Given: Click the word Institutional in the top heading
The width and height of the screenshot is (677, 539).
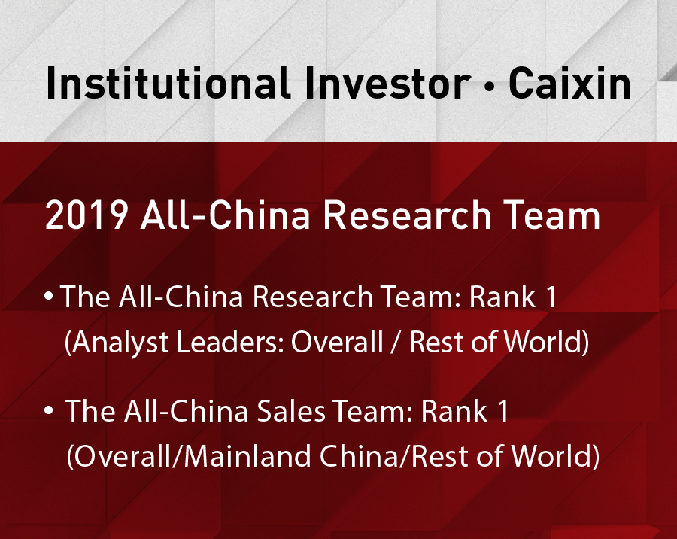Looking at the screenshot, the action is pos(168,83).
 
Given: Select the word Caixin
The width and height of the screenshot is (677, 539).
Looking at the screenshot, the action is pos(569,83).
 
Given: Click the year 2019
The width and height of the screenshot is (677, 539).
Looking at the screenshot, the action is pos(87,215).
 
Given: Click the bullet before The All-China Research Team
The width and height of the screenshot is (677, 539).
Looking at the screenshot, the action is pos(49,296).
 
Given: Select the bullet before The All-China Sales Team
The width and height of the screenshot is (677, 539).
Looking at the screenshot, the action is pos(49,410).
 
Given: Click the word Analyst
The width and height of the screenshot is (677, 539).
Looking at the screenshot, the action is pos(120,343).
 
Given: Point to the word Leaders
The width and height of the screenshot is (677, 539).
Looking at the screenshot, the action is pos(229,342).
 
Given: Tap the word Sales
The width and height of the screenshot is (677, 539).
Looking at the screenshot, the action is pos(291,410).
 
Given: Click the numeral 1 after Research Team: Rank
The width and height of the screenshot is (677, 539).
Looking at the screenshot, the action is pos(551,297).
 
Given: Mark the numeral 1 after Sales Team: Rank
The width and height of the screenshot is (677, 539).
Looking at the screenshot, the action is pos(503,410).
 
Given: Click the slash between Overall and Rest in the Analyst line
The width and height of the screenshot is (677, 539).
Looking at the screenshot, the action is pos(396,343).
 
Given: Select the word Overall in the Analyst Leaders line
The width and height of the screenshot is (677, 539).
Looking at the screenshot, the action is pos(337,342).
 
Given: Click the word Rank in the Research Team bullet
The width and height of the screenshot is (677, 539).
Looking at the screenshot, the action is pos(502,297).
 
